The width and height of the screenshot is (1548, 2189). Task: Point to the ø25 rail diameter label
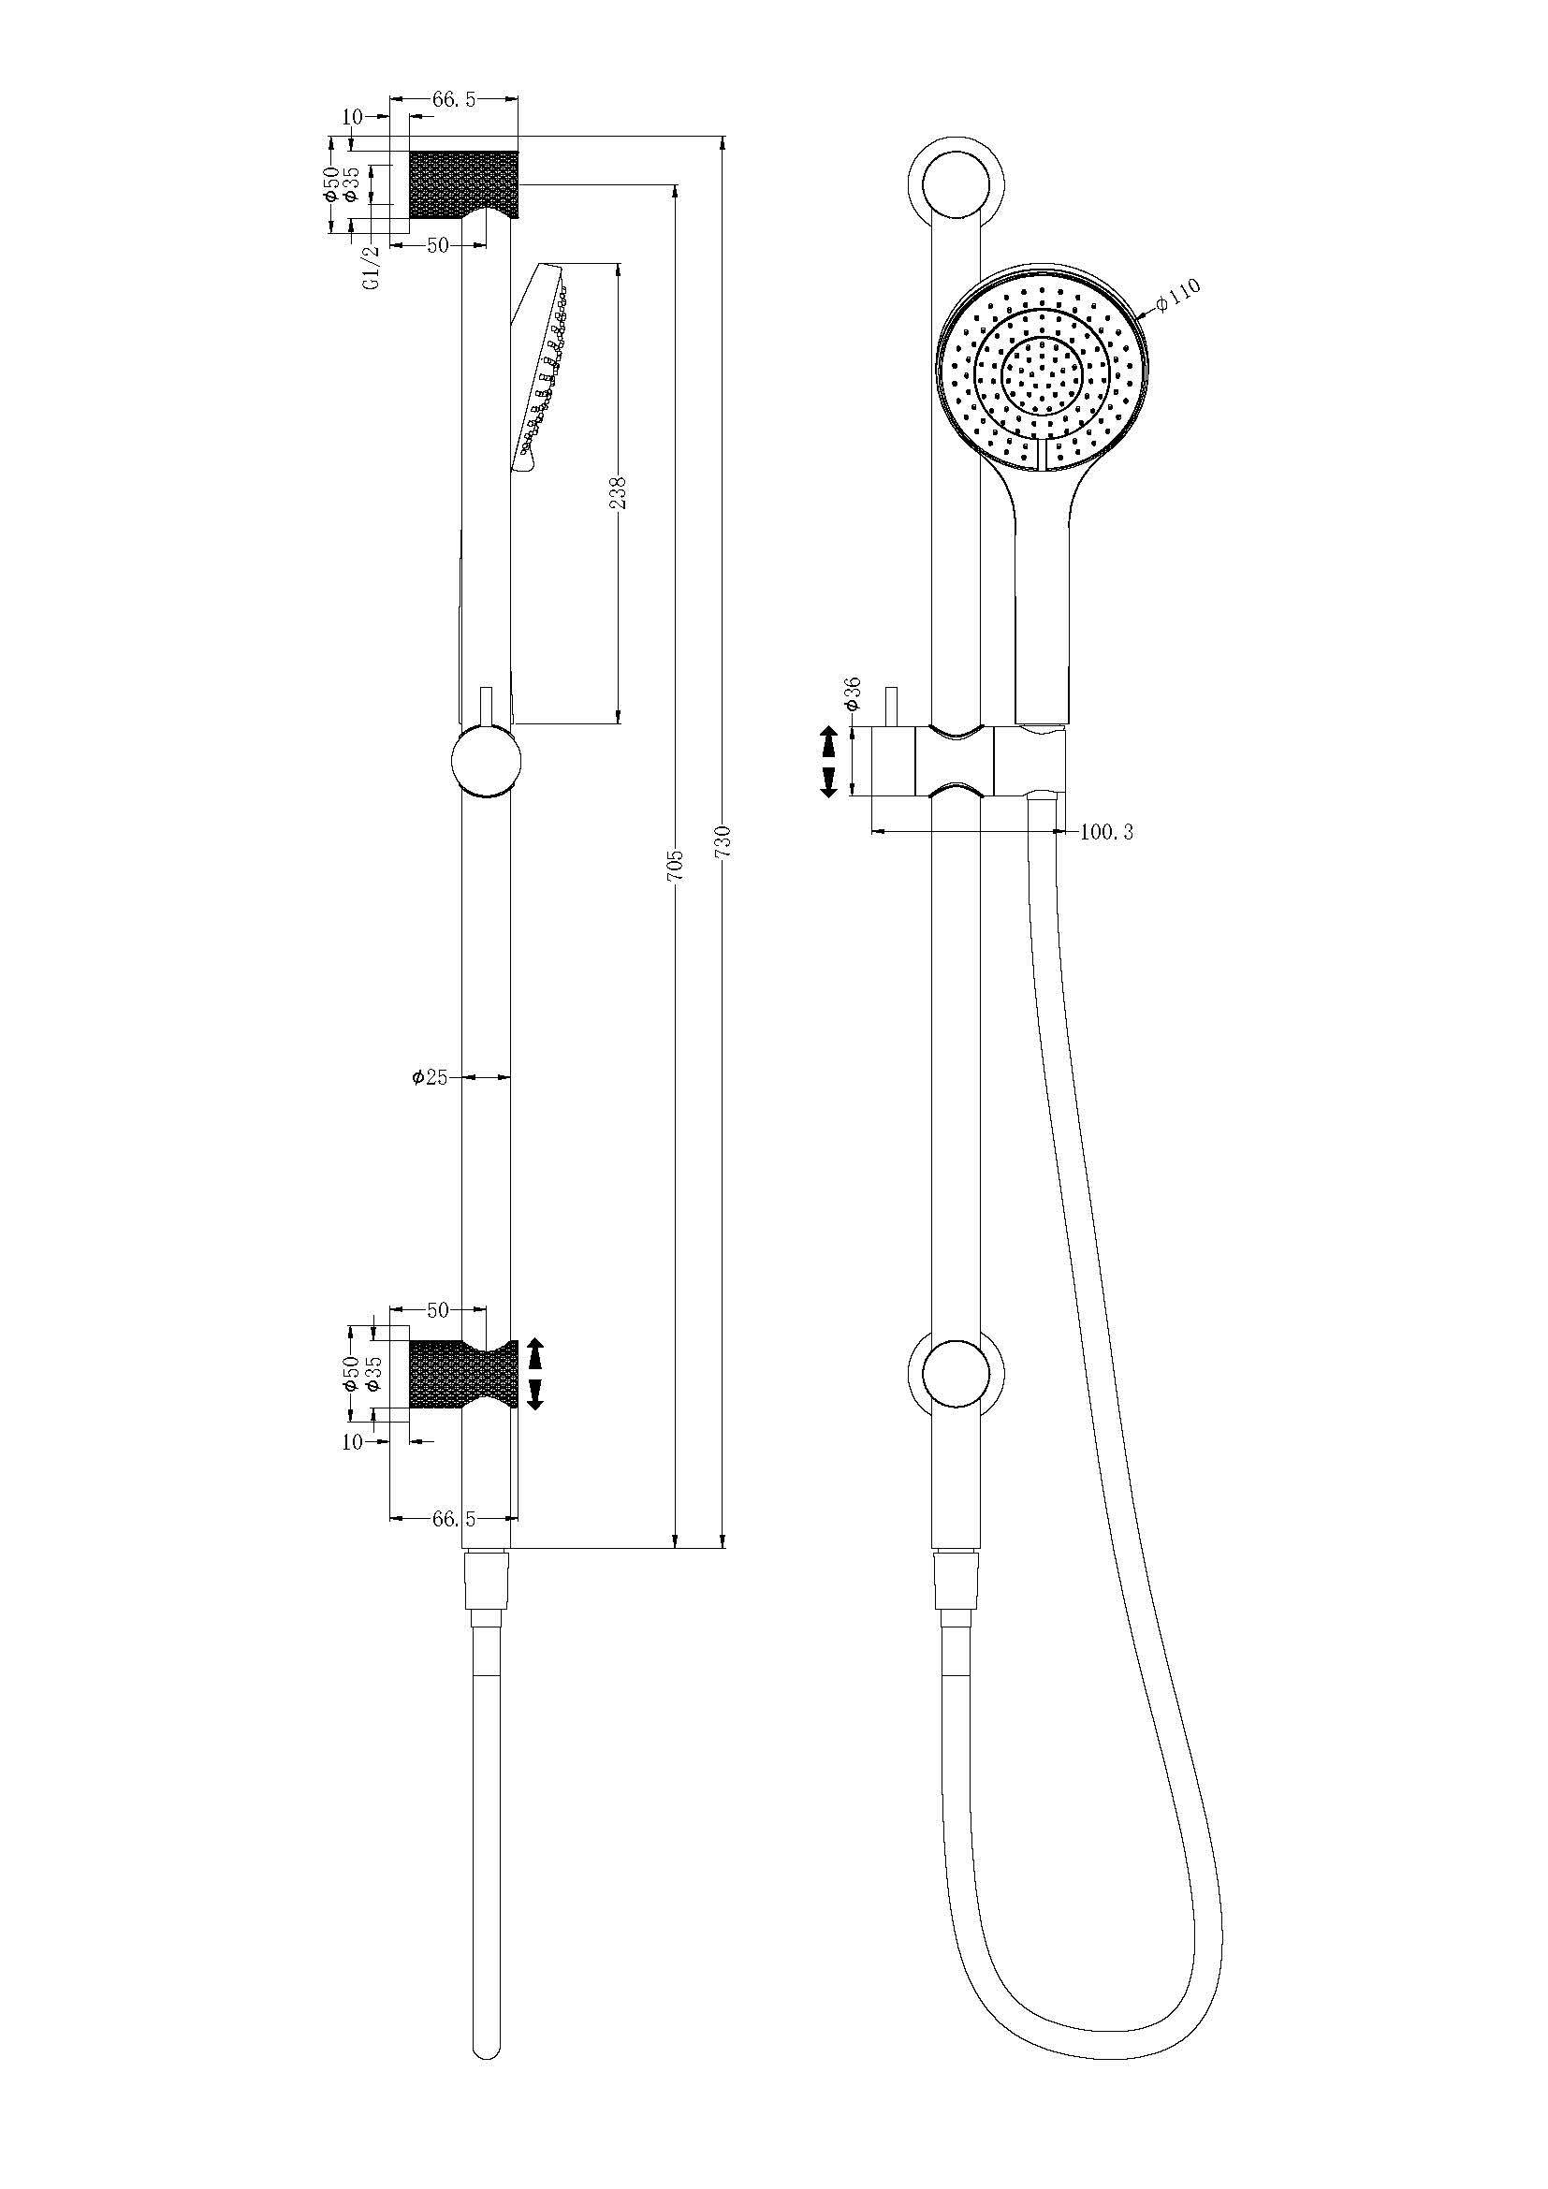[x=431, y=1076]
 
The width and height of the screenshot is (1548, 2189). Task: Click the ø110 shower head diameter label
[x=1179, y=296]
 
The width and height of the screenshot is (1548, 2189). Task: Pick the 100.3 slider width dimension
[x=1106, y=831]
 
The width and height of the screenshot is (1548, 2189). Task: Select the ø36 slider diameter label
[x=853, y=693]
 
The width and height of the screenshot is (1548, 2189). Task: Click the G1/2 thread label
[x=372, y=266]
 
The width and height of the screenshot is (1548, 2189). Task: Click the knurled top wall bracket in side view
[x=464, y=183]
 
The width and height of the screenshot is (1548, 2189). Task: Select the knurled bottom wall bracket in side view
[x=464, y=1374]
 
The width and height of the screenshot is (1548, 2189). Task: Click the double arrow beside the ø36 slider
[x=827, y=761]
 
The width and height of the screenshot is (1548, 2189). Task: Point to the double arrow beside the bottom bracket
[x=534, y=1374]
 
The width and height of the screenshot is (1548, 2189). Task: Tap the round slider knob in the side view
[x=486, y=760]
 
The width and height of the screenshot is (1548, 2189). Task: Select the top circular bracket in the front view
[x=954, y=182]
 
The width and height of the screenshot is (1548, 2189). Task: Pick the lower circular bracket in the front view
[x=954, y=1372]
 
